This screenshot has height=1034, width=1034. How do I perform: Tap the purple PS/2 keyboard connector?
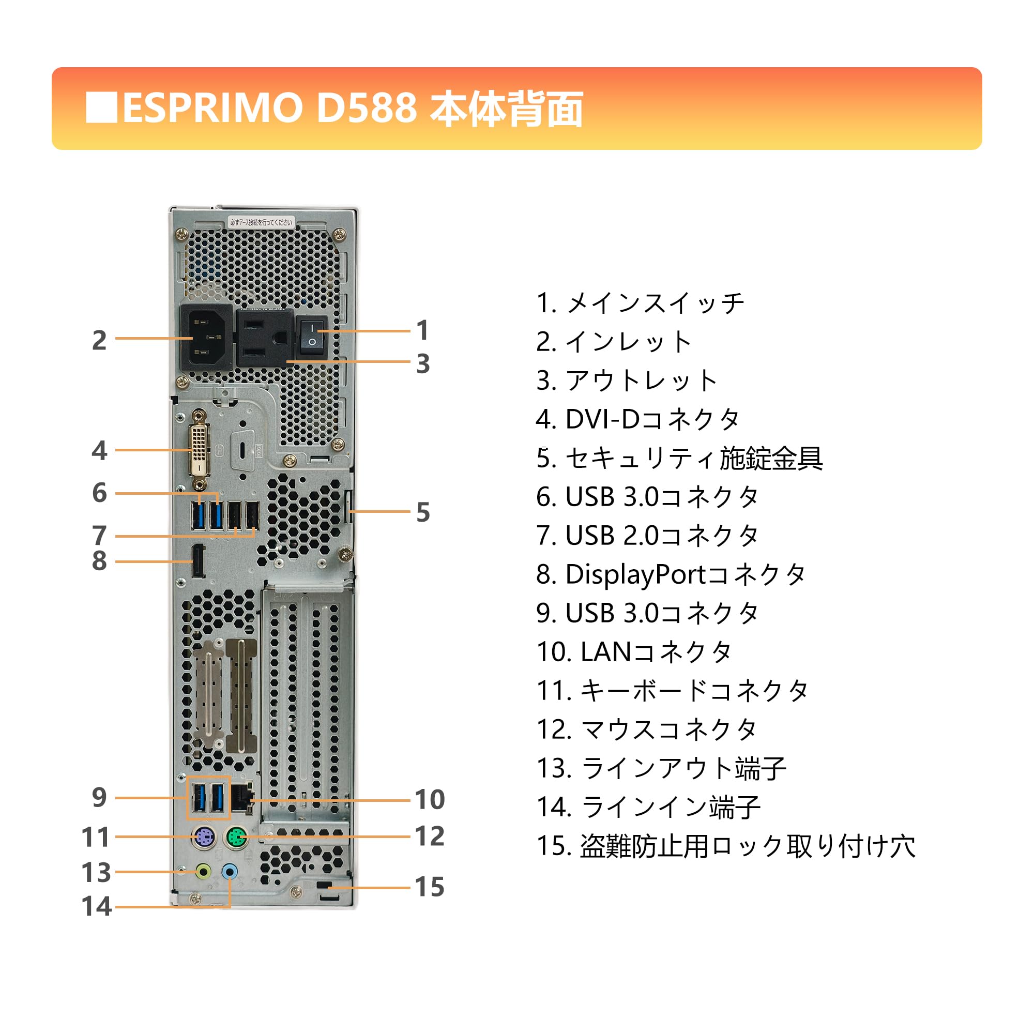(203, 838)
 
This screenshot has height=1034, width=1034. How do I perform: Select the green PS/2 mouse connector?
(235, 838)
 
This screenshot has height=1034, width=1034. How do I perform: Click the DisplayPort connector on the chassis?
(198, 561)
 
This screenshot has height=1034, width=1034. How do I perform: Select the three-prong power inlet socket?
(206, 337)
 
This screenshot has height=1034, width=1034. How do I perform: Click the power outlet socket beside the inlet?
(264, 338)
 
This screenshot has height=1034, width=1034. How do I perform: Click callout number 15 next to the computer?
(429, 887)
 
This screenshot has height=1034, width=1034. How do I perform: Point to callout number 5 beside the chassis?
(423, 513)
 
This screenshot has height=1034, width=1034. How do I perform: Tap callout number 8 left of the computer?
(99, 561)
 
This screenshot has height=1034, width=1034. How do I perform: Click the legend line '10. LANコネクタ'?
(634, 652)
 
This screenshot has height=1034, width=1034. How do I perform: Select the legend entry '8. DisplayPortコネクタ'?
(671, 575)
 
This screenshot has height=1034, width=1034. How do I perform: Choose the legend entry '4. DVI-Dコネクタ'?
(638, 420)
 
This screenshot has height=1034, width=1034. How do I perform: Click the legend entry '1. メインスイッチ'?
(640, 303)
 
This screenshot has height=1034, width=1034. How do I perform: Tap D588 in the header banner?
(366, 109)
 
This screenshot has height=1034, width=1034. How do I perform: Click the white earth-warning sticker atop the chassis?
(261, 222)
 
